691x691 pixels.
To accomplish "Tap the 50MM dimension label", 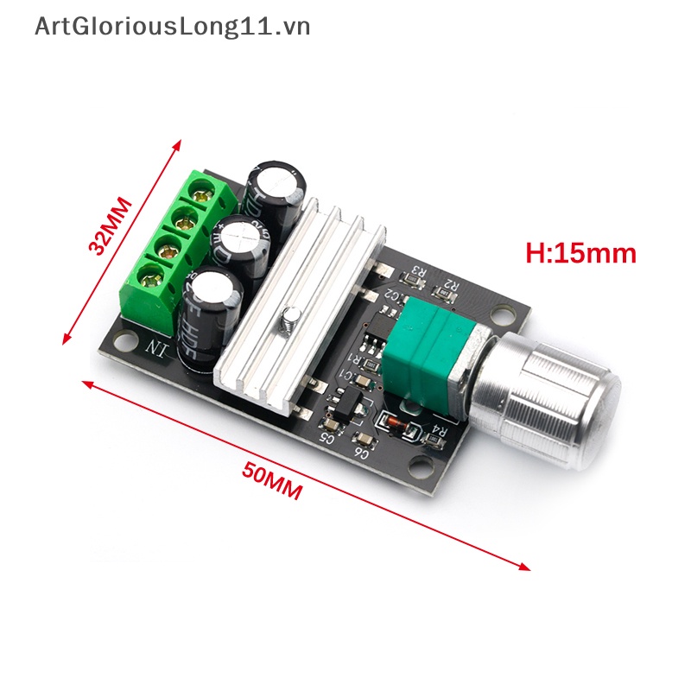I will point(272,481).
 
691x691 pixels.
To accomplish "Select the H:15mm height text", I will point(580,253).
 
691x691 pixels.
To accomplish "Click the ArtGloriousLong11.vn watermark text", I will point(173,26).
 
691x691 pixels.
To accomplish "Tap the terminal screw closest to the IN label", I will point(155,279).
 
